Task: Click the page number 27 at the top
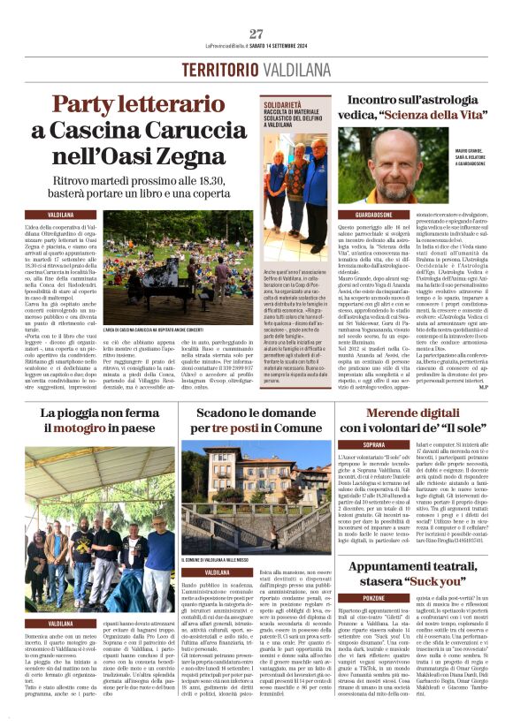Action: pos(256,34)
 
